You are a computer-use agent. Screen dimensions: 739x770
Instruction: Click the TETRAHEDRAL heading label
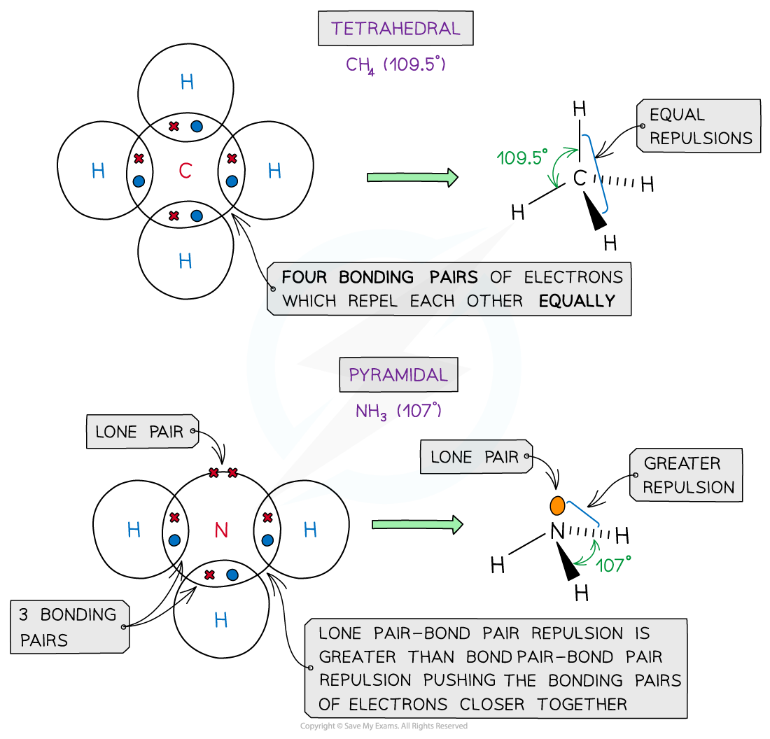click(395, 29)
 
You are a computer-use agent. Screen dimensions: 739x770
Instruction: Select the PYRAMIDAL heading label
click(398, 375)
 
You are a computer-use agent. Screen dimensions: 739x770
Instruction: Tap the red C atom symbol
click(185, 171)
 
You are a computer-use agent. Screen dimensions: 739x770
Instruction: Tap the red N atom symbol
click(221, 530)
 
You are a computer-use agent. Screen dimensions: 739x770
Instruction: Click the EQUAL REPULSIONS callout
click(699, 126)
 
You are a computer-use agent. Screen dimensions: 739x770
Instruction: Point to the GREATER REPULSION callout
click(687, 475)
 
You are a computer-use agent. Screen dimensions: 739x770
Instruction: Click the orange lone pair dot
click(557, 506)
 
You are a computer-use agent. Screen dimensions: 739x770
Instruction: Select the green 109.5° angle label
click(520, 158)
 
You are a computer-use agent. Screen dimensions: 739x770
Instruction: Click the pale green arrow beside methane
click(412, 178)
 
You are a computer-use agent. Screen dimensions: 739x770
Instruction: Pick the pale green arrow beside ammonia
click(417, 523)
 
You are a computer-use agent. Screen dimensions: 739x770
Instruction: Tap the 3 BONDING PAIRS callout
click(69, 627)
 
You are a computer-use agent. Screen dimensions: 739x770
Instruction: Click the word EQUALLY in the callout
click(577, 301)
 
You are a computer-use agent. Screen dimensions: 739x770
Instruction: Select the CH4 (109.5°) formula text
click(395, 65)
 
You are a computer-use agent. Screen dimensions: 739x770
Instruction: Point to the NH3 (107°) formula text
click(398, 411)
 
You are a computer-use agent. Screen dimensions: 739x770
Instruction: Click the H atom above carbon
click(187, 83)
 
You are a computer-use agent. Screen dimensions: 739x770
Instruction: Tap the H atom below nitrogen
click(221, 620)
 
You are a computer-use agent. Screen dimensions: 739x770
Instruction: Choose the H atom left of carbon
click(98, 171)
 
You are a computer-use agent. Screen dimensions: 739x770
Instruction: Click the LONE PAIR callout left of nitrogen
click(140, 432)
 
